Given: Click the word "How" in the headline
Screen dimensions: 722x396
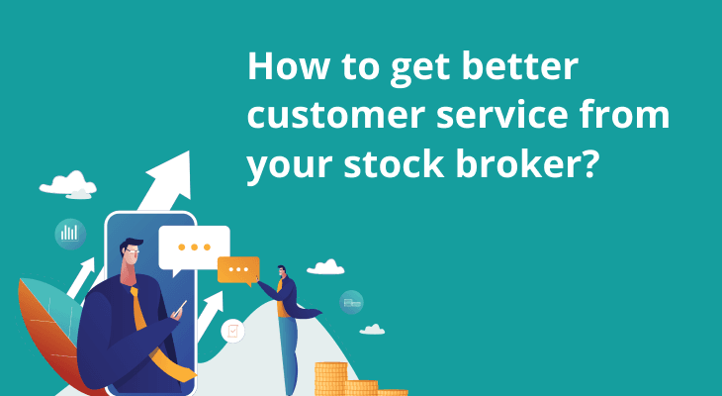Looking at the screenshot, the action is point(289,66).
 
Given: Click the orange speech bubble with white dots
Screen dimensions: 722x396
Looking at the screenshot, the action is point(238,270).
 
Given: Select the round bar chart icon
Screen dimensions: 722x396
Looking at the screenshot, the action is point(70,234).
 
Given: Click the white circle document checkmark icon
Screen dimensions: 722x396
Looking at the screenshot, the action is point(232,331).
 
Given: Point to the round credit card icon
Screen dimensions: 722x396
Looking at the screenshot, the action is point(351,302).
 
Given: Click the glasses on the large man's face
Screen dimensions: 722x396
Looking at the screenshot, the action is point(132,251).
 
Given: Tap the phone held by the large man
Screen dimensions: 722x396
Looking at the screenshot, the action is point(179,309).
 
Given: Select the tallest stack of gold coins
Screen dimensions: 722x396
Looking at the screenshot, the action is point(330,379).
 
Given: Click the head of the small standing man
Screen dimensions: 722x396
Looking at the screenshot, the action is point(281,271).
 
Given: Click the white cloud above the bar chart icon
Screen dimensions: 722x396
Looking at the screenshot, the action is point(68,184).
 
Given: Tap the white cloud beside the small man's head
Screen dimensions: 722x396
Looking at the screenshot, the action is point(325,267).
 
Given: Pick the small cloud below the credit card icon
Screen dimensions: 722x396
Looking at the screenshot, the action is point(372,329).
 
